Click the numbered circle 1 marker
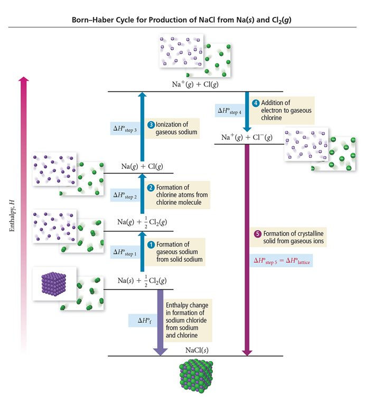pyautogui.click(x=150, y=244)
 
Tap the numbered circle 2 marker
pyautogui.click(x=150, y=187)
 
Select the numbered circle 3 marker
pyautogui.click(x=151, y=125)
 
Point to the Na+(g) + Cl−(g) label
pyautogui.click(x=247, y=138)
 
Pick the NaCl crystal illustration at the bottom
pyautogui.click(x=196, y=378)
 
